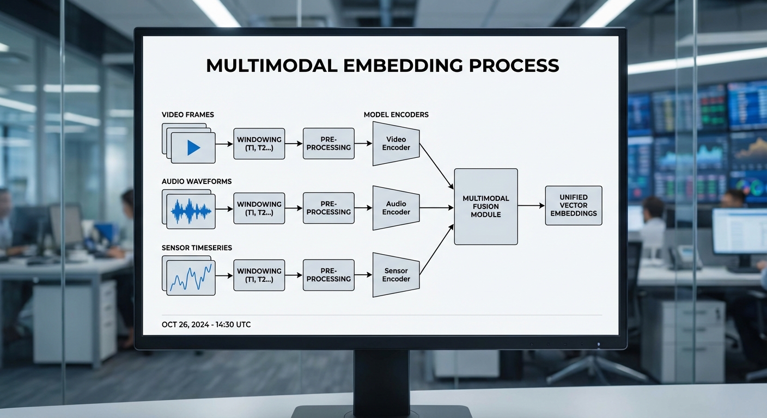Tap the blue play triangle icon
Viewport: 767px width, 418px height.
193,147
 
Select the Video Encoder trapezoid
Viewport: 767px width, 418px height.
396,144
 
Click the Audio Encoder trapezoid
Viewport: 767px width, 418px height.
396,208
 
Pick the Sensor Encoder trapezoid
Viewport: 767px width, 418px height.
396,275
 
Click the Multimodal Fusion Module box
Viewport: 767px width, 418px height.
485,206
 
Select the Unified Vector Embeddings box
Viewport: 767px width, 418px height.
573,206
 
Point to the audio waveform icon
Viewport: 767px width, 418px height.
191,212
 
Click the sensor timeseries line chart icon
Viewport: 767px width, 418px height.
191,278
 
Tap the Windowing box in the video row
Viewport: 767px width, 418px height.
259,144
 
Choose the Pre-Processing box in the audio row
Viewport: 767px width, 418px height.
328,208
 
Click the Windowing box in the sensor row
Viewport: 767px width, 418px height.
259,275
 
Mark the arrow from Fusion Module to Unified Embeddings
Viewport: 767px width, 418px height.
531,206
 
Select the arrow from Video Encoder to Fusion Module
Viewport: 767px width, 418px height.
436,167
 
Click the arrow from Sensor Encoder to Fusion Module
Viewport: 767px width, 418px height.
436,250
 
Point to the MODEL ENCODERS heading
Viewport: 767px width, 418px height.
396,115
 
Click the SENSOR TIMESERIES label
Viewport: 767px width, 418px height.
197,248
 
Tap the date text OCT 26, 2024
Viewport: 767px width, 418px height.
185,325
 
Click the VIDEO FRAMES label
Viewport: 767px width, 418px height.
188,115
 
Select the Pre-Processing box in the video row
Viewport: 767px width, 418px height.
328,144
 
